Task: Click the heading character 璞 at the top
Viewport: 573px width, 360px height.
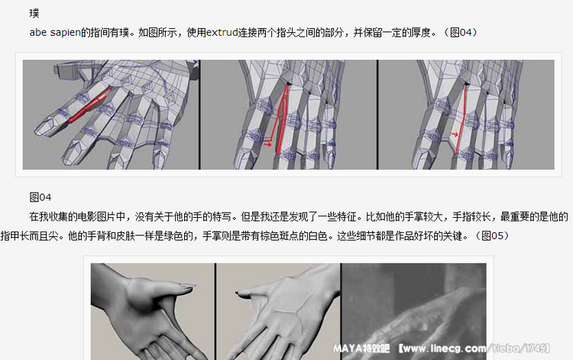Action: tap(34, 14)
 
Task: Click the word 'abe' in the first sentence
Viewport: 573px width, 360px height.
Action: tap(38, 33)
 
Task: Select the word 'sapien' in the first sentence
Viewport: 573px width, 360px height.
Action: tap(65, 33)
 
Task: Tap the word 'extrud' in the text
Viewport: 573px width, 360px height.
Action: tap(222, 33)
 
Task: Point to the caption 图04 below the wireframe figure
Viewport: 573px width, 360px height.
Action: tap(40, 197)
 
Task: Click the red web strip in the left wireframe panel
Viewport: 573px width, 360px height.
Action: tap(89, 105)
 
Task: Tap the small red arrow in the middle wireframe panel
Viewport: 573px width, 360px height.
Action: tap(268, 144)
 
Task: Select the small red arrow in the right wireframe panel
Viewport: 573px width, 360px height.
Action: tap(455, 134)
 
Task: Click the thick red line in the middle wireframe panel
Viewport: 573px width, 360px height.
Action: tap(282, 119)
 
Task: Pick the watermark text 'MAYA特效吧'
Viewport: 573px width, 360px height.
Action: tap(361, 349)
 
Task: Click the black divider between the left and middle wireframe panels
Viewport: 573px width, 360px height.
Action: tap(200, 115)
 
